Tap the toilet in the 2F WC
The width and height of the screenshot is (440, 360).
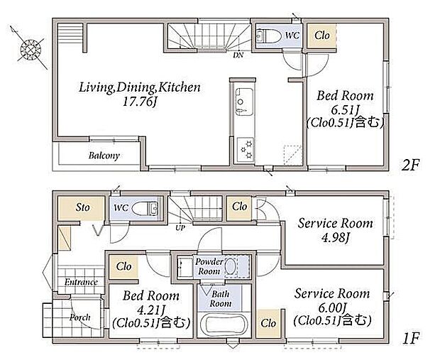click(269, 36)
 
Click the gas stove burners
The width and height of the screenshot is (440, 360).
click(246, 150)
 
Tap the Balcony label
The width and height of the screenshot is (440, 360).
click(104, 156)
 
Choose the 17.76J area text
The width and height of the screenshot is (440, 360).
click(140, 102)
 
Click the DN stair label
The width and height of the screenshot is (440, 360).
click(238, 55)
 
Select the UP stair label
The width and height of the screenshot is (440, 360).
click(180, 228)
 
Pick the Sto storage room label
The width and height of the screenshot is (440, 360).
click(83, 207)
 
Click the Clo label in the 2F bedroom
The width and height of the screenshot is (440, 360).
click(322, 36)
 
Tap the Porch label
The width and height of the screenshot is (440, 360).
click(80, 317)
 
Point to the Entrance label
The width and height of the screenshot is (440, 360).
click(81, 282)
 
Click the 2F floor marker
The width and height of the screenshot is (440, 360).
click(410, 165)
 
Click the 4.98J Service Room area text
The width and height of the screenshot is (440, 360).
click(336, 238)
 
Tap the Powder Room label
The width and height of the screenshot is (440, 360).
click(209, 266)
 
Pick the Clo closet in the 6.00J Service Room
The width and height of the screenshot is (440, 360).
click(269, 323)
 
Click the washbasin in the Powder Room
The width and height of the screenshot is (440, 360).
click(231, 266)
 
